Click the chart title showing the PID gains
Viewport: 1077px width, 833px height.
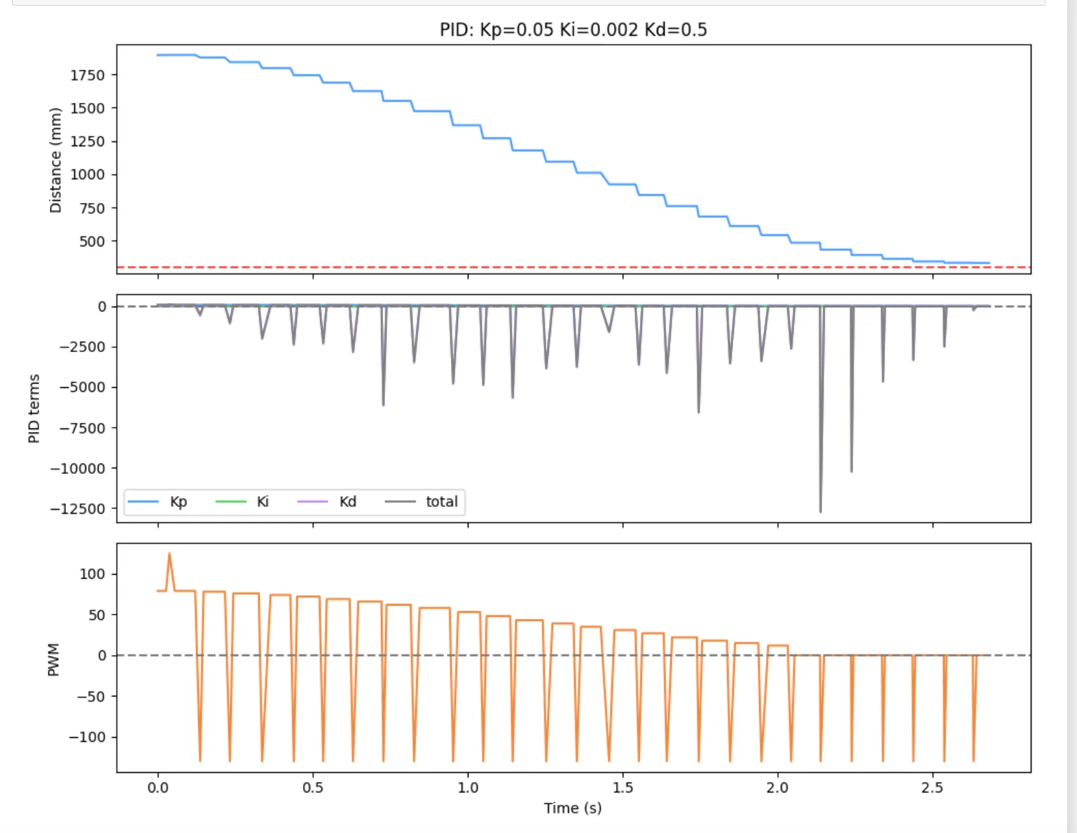point(573,29)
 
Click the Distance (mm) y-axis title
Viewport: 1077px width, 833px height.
point(55,160)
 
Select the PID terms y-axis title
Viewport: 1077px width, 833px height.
point(34,408)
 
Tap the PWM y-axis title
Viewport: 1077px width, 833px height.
point(53,659)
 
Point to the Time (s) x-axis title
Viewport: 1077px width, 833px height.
point(573,808)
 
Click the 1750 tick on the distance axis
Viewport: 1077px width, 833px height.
point(88,75)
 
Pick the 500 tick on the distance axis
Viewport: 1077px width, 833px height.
point(92,241)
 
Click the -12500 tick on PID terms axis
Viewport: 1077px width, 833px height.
point(78,509)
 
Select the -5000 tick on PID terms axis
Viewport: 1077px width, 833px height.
point(82,387)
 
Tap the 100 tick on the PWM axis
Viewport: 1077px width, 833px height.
point(92,574)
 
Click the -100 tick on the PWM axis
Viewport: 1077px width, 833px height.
point(87,737)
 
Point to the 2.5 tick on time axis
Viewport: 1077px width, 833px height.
point(932,787)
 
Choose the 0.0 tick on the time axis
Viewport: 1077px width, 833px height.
point(158,787)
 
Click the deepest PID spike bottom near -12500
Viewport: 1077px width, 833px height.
point(821,511)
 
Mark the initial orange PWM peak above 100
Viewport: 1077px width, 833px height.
point(169,554)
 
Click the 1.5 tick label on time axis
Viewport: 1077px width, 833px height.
point(623,787)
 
